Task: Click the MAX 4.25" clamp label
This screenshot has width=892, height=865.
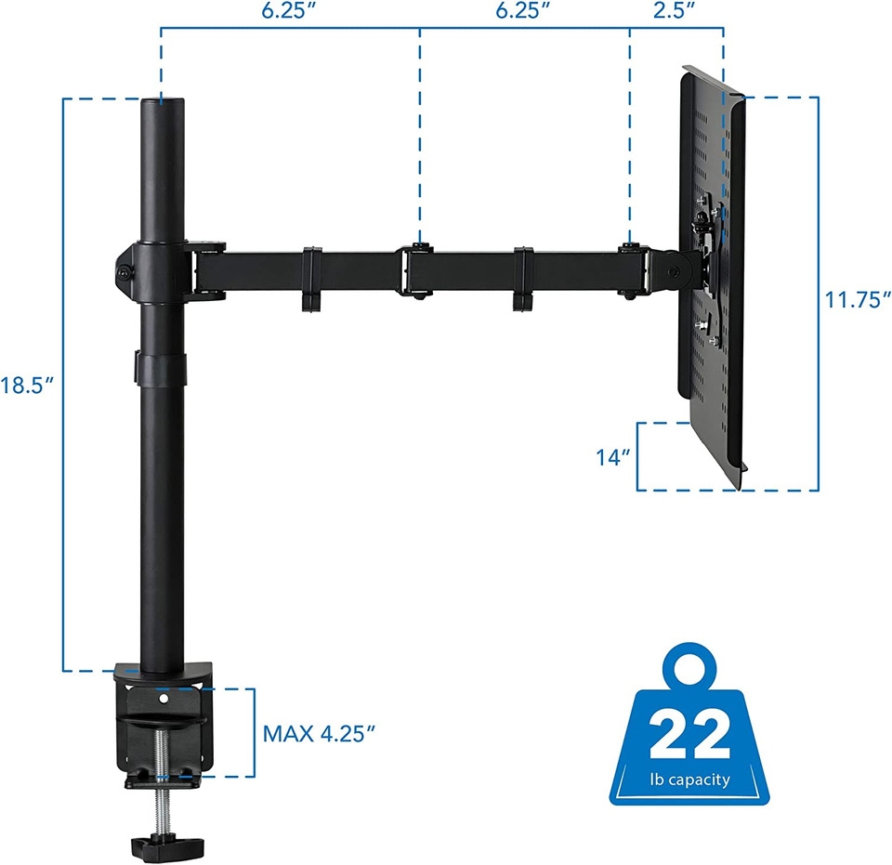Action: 319,733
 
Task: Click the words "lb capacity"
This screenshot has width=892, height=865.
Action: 689,780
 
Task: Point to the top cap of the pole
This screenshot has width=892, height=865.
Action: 163,104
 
